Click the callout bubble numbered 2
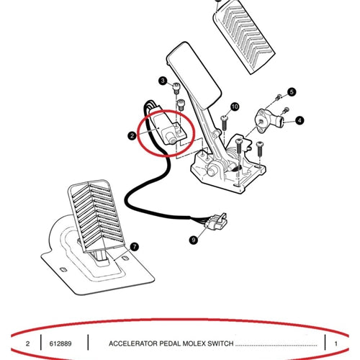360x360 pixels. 132,136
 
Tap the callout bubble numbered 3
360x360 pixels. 163,81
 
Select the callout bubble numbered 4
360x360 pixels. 300,120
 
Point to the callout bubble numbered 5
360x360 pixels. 292,92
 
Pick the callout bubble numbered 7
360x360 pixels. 135,247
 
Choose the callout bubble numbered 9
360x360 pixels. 194,240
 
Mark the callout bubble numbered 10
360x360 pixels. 235,107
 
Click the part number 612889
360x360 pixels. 60,343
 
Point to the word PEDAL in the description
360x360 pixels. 170,343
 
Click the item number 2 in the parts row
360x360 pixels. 27,343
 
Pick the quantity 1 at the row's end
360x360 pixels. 336,343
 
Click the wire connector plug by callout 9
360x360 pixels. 216,221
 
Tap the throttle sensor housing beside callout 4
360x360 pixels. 269,120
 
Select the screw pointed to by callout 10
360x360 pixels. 224,123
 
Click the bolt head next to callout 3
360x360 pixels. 176,88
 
